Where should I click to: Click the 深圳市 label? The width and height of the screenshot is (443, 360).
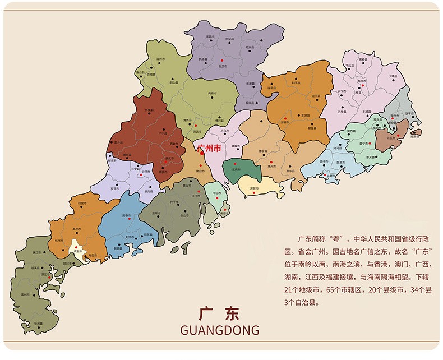(254, 188)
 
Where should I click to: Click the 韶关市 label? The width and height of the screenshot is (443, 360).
(222, 66)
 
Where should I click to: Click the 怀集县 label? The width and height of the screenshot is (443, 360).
(149, 110)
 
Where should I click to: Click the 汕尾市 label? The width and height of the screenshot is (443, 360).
(332, 176)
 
